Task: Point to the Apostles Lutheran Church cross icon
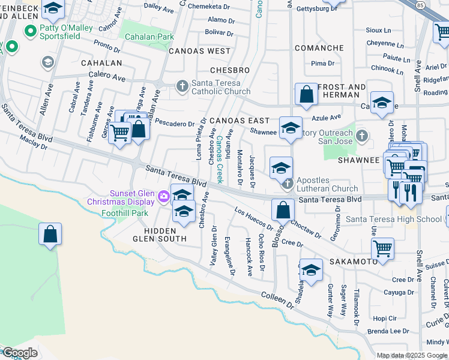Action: coord(288,182)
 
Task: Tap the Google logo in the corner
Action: coord(20,353)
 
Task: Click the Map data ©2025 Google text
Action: coord(412,356)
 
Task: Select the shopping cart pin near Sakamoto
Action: coord(382,248)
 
